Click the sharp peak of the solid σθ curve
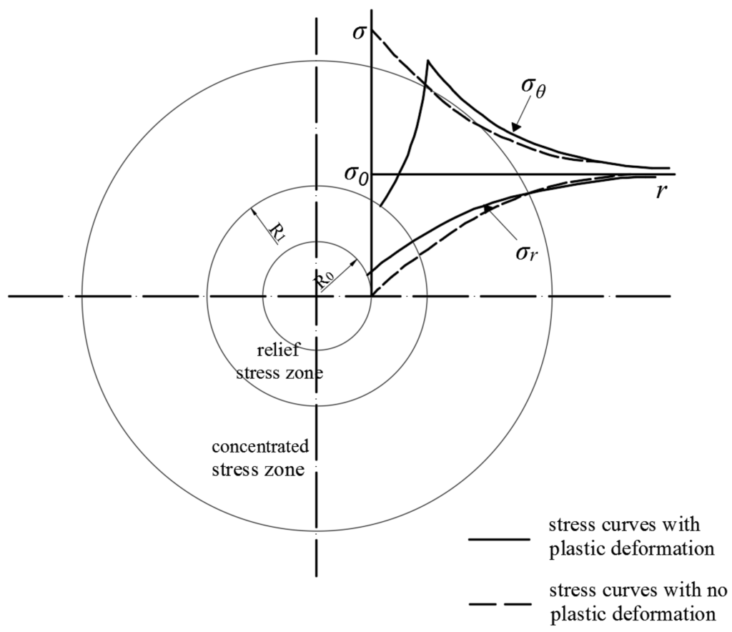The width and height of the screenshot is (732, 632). pyautogui.click(x=427, y=61)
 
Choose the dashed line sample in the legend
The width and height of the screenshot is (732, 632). pyautogui.click(x=499, y=605)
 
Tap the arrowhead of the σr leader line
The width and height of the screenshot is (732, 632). pyautogui.click(x=488, y=208)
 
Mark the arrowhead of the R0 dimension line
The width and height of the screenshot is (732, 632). pyautogui.click(x=353, y=264)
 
